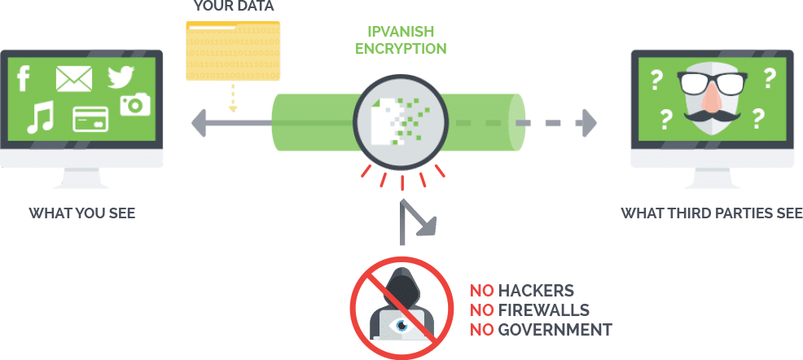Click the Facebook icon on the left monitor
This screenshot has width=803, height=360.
pos(24,79)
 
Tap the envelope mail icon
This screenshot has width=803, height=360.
pos(74,79)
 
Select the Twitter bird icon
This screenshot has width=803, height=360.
pos(121,77)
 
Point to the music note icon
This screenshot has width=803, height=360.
pos(41,117)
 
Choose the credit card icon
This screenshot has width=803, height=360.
pos(90,119)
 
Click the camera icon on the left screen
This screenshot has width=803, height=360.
pos(135,104)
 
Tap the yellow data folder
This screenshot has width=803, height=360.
pos(233,50)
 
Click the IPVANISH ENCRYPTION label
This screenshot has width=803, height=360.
pos(401,40)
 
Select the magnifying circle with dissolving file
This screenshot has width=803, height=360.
pos(401,123)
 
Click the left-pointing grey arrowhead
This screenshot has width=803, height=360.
pos(198,123)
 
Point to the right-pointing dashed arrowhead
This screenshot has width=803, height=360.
pos(587,123)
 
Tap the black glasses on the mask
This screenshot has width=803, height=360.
pos(712,83)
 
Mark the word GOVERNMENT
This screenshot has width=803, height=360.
pos(555,329)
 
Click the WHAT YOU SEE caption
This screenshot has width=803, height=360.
pos(82,213)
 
